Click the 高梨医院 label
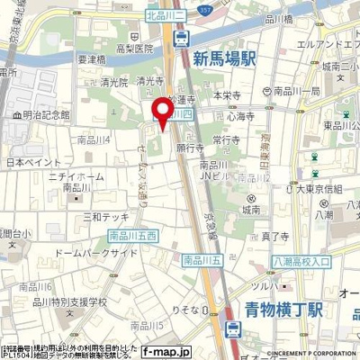click(x=132, y=53)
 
